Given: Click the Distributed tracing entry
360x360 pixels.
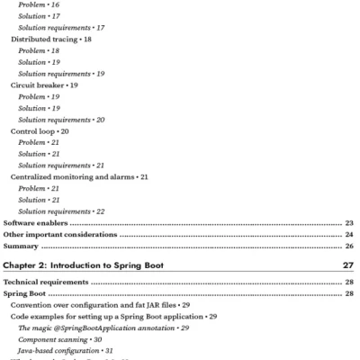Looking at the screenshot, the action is pyautogui.click(x=44, y=40).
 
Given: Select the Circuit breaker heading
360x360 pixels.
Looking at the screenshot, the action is pyautogui.click(x=39, y=85).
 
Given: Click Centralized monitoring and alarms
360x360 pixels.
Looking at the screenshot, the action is pyautogui.click(x=73, y=177).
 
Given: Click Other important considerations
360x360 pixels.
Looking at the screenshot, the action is pyautogui.click(x=59, y=234).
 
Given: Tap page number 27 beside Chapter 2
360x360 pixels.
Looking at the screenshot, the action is pyautogui.click(x=348, y=266).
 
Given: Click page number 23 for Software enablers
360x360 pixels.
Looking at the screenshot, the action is pyautogui.click(x=349, y=222).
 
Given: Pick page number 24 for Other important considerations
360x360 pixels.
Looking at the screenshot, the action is pyautogui.click(x=349, y=234).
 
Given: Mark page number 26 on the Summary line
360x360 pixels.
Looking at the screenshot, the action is pyautogui.click(x=349, y=246).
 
